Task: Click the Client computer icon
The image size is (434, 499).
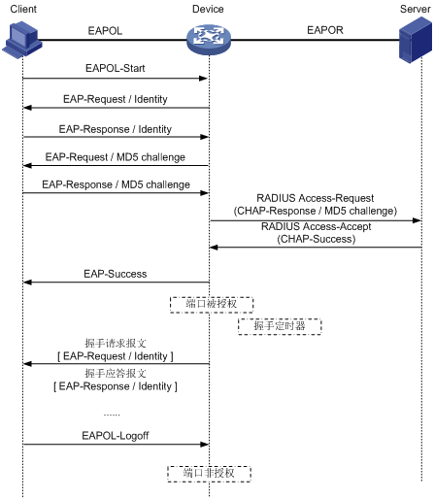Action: [x=22, y=40]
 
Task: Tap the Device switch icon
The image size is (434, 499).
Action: [x=209, y=40]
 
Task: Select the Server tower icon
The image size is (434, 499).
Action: [x=416, y=40]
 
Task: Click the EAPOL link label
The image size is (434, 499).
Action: [x=105, y=31]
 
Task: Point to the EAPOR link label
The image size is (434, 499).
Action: [x=325, y=30]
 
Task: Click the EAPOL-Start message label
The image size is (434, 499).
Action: [x=116, y=68]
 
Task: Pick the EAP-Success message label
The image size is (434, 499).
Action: [x=116, y=274]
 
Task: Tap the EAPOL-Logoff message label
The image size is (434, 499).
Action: [x=116, y=436]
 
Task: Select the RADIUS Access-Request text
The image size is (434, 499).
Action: [x=316, y=198]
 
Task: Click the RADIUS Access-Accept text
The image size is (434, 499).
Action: [x=317, y=226]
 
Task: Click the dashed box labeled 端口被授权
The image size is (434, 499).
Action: [x=212, y=305]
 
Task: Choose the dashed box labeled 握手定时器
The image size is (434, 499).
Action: [x=280, y=326]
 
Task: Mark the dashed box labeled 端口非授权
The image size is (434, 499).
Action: [x=209, y=474]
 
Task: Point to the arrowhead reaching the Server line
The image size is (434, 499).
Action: [x=417, y=220]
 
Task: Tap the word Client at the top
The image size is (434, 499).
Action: [x=23, y=9]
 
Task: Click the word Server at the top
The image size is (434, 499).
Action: [x=416, y=9]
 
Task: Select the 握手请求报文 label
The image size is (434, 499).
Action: [x=116, y=343]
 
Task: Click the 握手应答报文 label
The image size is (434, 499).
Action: [x=116, y=373]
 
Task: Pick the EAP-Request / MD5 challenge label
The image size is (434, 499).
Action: [x=116, y=157]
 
